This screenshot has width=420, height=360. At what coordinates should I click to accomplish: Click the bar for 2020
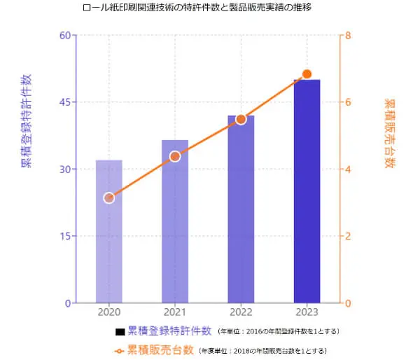[109, 231]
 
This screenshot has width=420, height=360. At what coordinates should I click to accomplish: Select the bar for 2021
[175, 221]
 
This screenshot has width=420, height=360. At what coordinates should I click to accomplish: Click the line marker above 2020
[109, 198]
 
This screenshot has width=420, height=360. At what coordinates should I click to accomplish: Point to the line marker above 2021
[175, 156]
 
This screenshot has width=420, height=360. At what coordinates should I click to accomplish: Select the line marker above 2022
[241, 119]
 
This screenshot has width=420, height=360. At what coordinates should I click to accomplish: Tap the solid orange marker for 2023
[307, 74]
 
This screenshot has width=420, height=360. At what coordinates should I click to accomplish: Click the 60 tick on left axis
[63, 35]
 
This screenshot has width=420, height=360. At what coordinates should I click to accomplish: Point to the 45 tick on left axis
[63, 102]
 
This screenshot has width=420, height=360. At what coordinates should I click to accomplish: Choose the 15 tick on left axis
[63, 236]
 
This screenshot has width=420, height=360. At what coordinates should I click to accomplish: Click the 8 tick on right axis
[348, 35]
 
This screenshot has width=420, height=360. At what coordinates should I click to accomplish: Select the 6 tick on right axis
[348, 102]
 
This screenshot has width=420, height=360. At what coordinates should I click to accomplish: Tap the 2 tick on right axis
[348, 236]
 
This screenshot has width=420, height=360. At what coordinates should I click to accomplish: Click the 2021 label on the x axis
[175, 312]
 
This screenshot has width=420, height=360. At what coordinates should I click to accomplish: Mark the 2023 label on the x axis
[307, 312]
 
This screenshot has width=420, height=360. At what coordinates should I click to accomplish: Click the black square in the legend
[120, 331]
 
